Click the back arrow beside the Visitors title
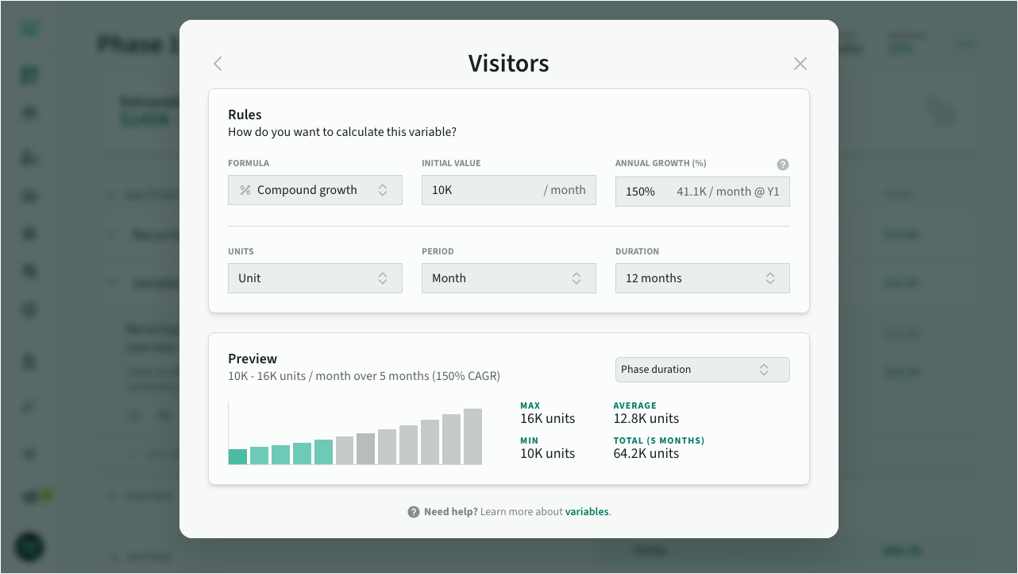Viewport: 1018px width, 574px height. coord(218,64)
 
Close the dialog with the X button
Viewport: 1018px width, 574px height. coord(800,64)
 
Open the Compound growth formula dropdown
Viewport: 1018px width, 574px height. coord(314,190)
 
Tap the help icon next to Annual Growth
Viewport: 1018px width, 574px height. coord(782,165)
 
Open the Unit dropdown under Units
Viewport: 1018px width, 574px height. coord(314,278)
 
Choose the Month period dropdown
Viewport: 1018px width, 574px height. coord(508,278)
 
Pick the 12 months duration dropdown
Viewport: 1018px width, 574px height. coord(702,278)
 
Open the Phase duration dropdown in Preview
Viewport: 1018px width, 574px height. coord(702,370)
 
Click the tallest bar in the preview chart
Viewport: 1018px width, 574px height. coord(472,436)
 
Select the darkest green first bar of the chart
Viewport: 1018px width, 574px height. coord(237,456)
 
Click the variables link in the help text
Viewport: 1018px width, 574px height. coord(587,512)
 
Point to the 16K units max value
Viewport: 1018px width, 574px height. coord(547,418)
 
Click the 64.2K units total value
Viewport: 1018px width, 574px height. coord(646,453)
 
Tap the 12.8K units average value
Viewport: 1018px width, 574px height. coord(646,418)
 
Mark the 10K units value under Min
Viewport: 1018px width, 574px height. coord(547,453)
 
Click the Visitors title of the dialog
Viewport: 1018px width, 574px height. coord(508,64)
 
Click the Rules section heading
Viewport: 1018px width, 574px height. coord(245,114)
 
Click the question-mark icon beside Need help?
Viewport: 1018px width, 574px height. coord(414,512)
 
